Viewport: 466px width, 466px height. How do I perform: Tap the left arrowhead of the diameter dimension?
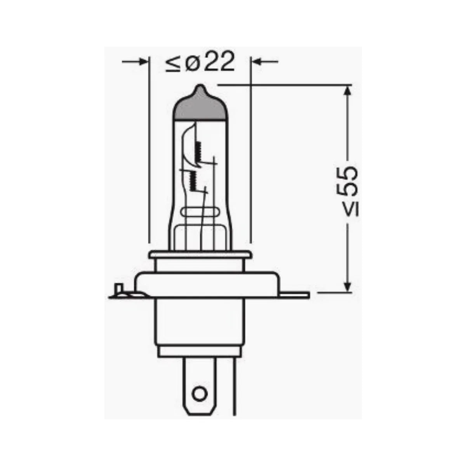coord(144,61)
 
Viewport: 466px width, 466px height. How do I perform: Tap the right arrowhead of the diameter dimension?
coord(257,61)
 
